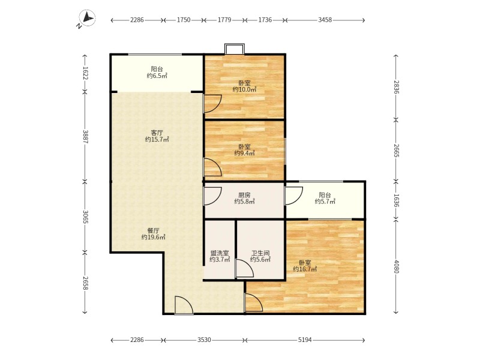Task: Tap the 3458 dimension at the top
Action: click(x=325, y=20)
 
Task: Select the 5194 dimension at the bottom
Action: click(x=305, y=340)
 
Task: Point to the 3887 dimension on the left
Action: click(x=85, y=137)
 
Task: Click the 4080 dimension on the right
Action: click(x=396, y=266)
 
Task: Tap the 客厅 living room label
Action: click(x=157, y=133)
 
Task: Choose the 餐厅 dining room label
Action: click(x=153, y=230)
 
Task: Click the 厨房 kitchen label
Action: click(x=244, y=194)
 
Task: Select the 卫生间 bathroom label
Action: click(x=260, y=253)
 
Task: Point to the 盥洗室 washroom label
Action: click(x=220, y=253)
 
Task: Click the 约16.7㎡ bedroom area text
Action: click(x=305, y=269)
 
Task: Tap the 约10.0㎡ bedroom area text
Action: click(x=244, y=89)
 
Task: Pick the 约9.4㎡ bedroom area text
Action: click(x=244, y=154)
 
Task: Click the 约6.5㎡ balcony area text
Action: click(x=157, y=76)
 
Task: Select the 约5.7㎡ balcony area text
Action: click(x=325, y=201)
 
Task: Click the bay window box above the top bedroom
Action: click(x=235, y=49)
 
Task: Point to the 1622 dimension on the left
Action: click(x=85, y=73)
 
